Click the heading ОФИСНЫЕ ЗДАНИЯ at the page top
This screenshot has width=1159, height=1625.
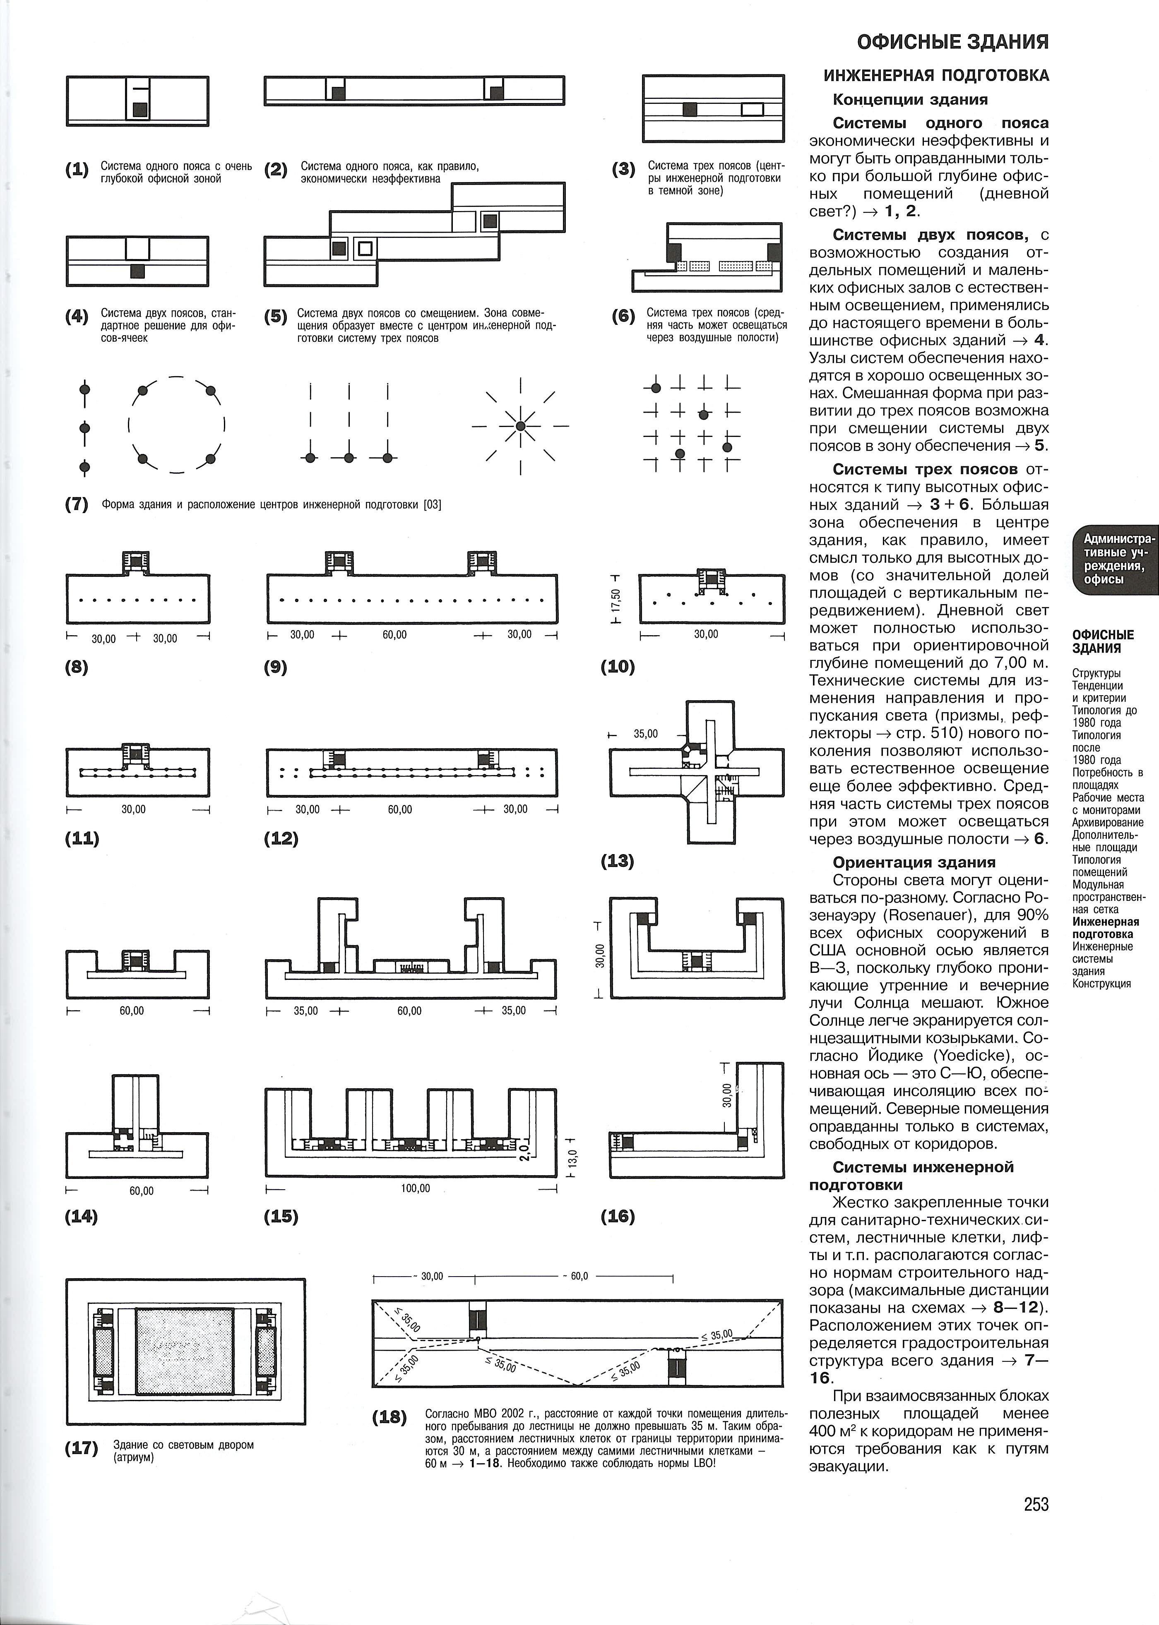[953, 42]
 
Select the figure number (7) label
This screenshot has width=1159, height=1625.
[76, 504]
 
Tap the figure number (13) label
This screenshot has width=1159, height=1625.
[617, 861]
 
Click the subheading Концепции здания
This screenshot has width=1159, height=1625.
[911, 99]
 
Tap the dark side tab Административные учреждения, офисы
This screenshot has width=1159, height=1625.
[1113, 559]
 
